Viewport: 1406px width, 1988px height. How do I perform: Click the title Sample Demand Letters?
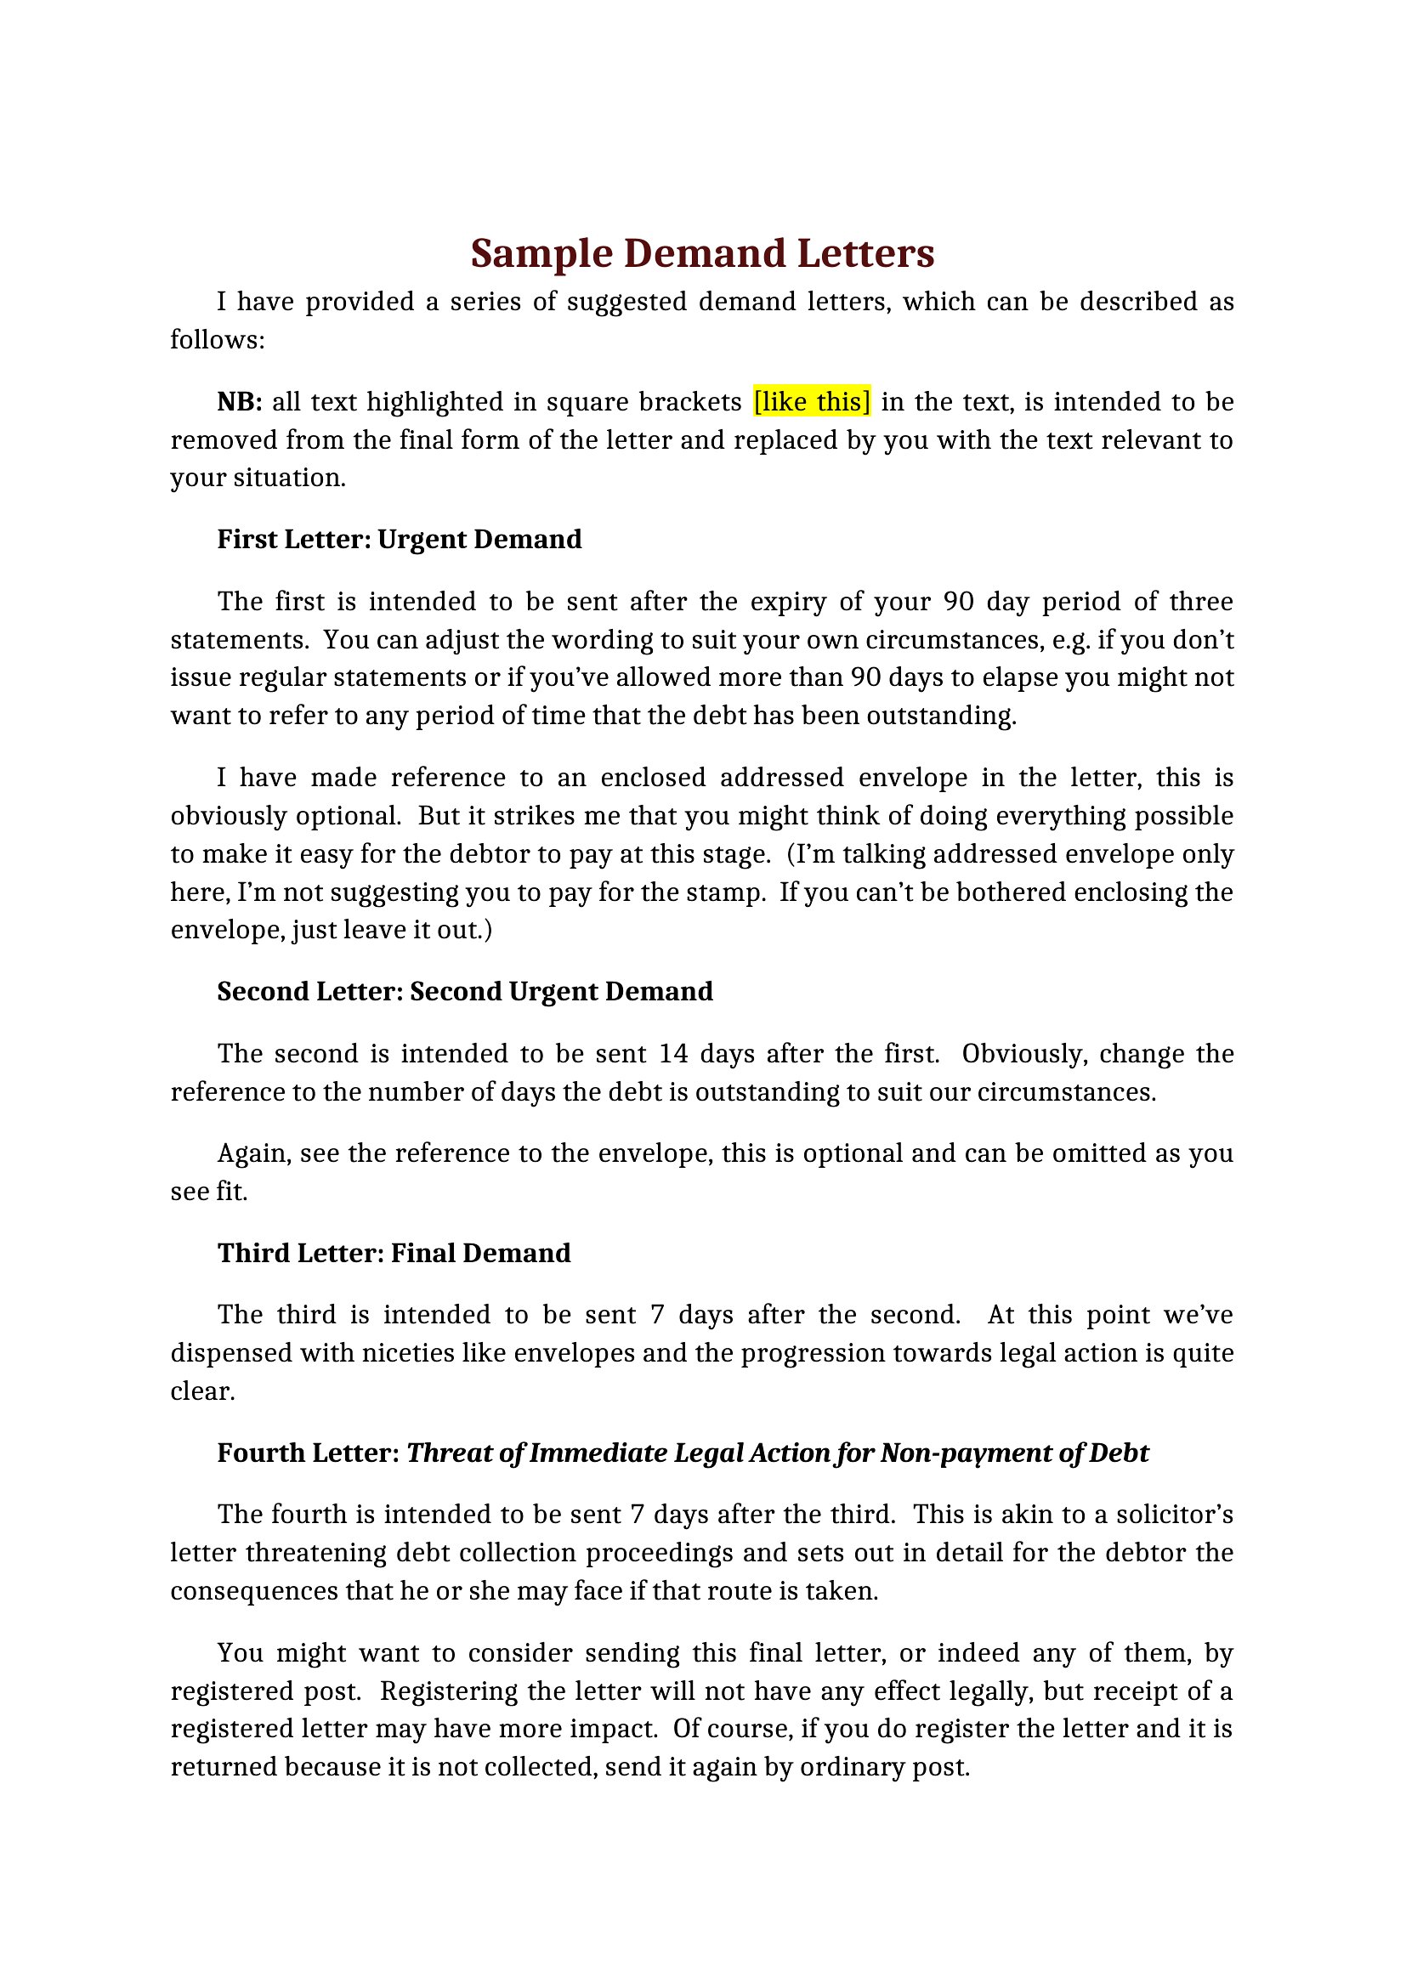point(702,252)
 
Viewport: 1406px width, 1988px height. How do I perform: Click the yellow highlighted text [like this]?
point(812,402)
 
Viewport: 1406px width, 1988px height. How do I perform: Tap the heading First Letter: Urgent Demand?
point(400,539)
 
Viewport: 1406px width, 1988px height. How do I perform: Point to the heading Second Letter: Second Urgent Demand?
point(465,990)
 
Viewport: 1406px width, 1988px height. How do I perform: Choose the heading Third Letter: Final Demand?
point(394,1252)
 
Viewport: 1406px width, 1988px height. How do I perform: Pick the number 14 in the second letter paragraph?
point(673,1053)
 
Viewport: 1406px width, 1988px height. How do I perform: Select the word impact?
point(613,1728)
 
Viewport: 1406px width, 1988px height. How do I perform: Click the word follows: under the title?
point(217,339)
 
